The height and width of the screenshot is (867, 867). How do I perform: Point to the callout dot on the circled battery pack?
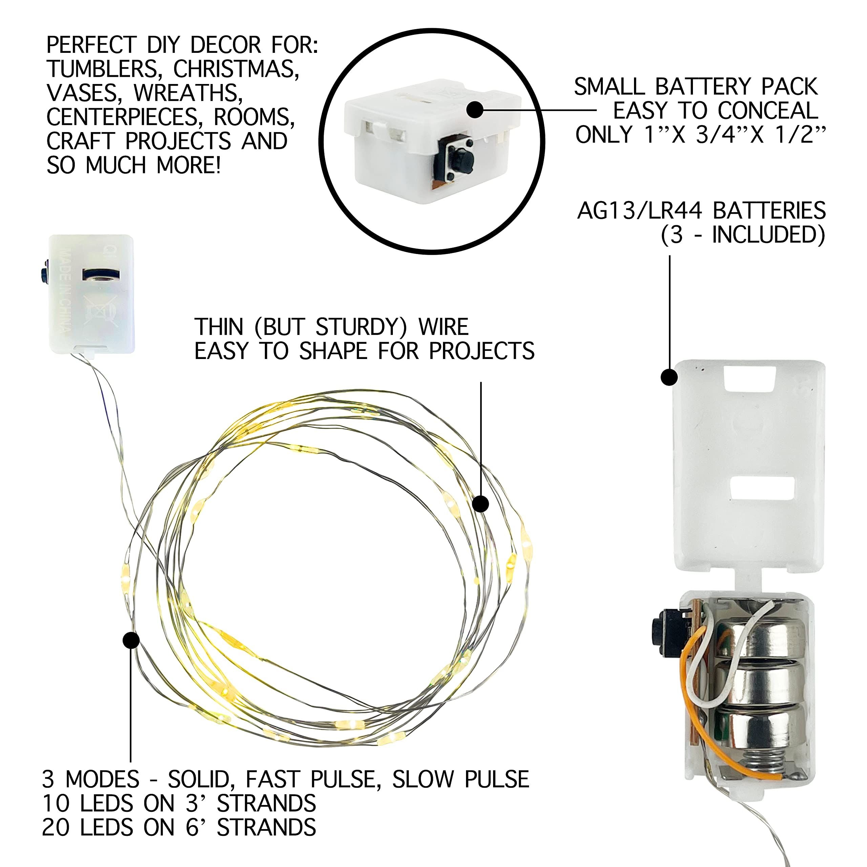click(x=475, y=109)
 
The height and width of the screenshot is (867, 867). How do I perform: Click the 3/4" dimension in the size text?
click(x=722, y=135)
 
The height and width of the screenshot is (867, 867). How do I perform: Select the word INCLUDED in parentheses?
click(x=763, y=235)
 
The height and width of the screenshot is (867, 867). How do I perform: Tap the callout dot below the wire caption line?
click(x=481, y=504)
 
